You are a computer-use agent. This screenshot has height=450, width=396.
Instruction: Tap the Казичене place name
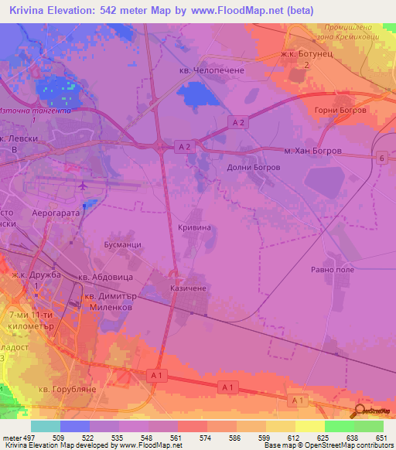coord(187,287)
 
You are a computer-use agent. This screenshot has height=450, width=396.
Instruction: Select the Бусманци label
coord(122,243)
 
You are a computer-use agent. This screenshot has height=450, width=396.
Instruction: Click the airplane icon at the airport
coord(83,186)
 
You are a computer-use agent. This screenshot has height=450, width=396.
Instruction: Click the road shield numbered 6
coord(381,158)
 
